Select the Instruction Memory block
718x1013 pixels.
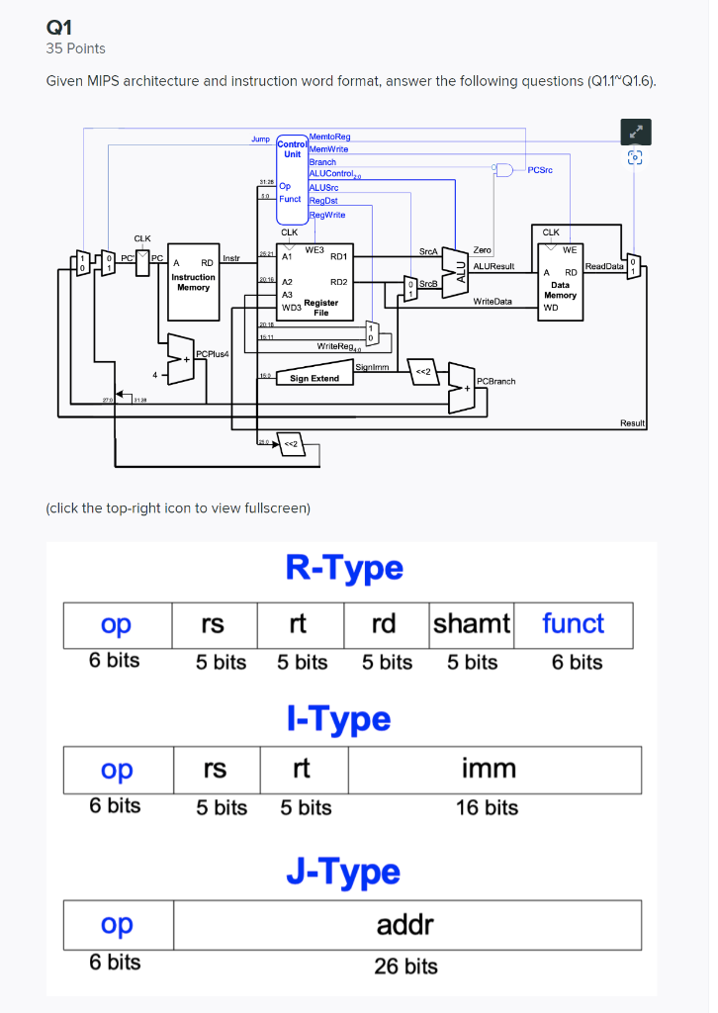pyautogui.click(x=193, y=282)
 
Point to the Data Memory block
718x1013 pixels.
pyautogui.click(x=559, y=282)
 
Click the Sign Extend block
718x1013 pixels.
pyautogui.click(x=314, y=378)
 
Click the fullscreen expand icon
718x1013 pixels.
pyautogui.click(x=636, y=131)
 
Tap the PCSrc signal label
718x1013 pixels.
pyautogui.click(x=541, y=170)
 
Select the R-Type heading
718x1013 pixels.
pyautogui.click(x=344, y=568)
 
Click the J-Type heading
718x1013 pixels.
pyautogui.click(x=343, y=872)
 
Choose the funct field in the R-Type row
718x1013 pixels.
pyautogui.click(x=573, y=624)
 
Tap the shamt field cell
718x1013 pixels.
pyautogui.click(x=471, y=624)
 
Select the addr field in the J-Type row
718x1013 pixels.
pyautogui.click(x=405, y=925)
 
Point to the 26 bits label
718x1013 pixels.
pyautogui.click(x=405, y=966)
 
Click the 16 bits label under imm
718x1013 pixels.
pyautogui.click(x=487, y=808)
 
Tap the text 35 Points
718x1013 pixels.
pyautogui.click(x=76, y=48)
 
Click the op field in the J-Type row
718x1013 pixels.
pyautogui.click(x=117, y=925)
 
